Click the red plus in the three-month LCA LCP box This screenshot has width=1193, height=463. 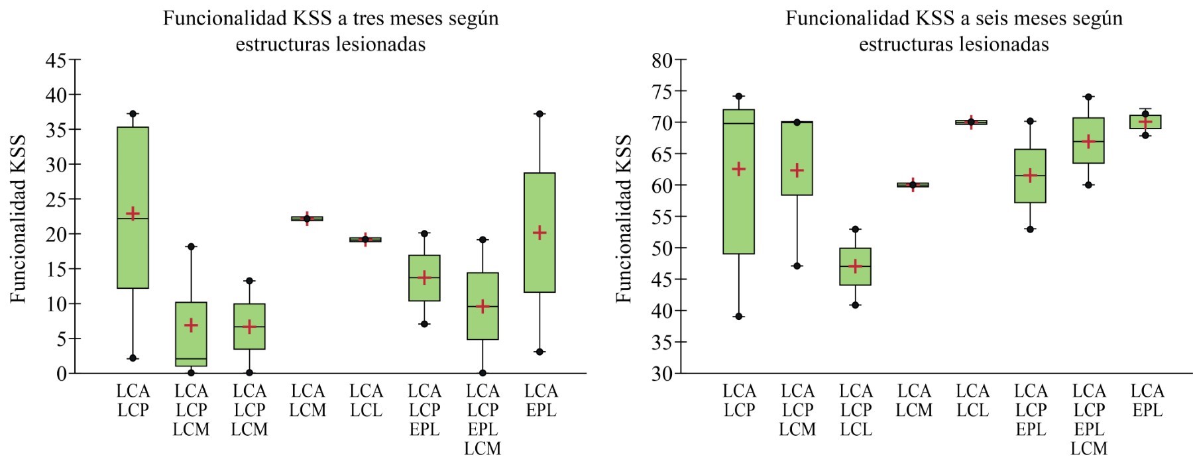[133, 213]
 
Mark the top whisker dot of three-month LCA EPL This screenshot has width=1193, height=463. [540, 114]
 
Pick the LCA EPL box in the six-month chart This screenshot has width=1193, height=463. [1145, 122]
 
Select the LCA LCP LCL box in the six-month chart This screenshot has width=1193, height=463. [855, 267]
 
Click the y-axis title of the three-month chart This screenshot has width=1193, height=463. [18, 219]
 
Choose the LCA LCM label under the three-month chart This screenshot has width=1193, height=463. [308, 401]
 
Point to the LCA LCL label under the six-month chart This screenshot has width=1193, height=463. [972, 401]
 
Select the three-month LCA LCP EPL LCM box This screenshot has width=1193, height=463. [483, 306]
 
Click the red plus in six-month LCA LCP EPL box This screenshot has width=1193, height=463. [1030, 176]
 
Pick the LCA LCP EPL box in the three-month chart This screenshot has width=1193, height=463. [424, 278]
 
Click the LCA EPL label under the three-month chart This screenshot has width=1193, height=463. [541, 401]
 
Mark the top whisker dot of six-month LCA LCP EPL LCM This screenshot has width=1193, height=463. [1088, 97]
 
